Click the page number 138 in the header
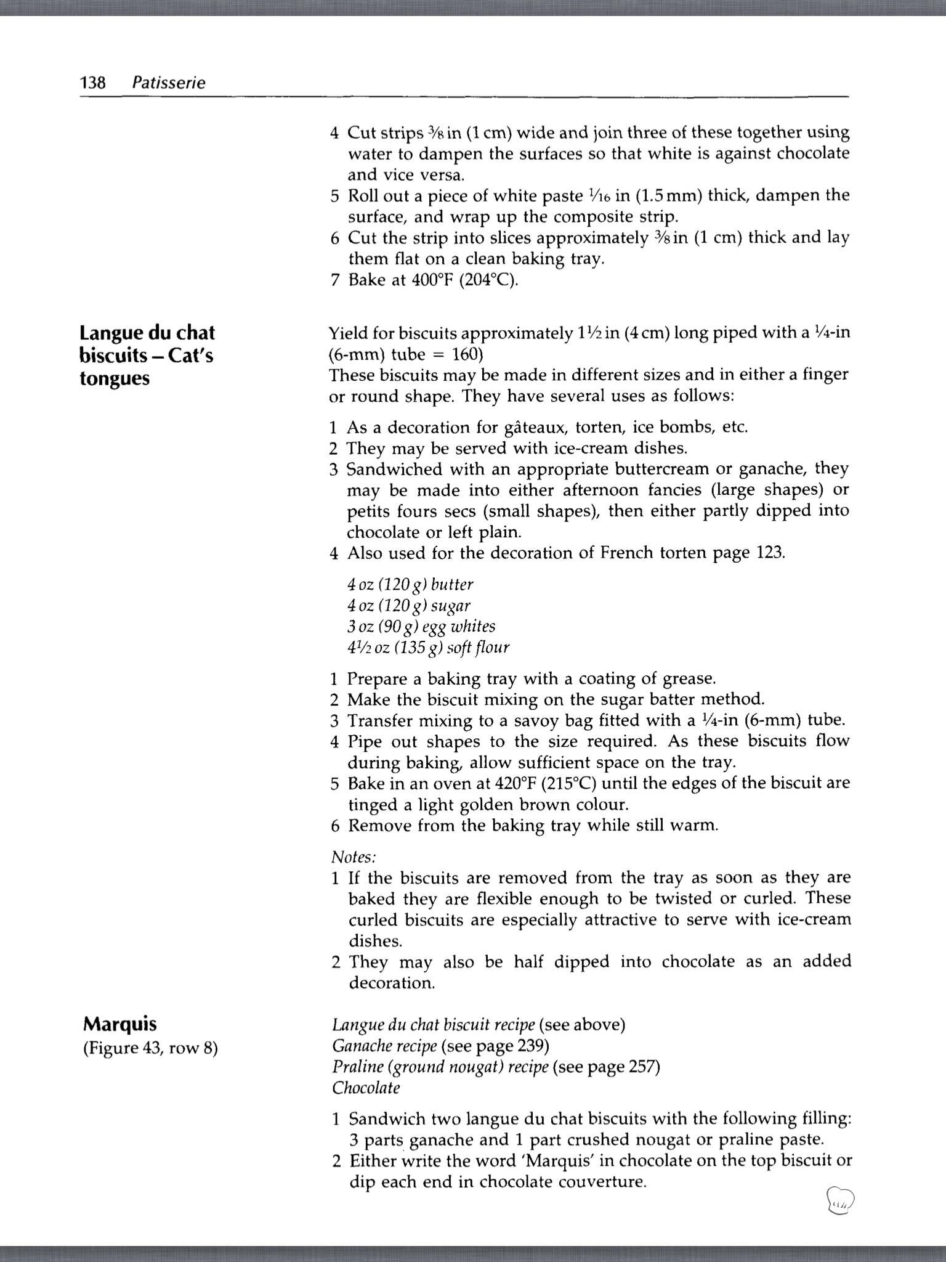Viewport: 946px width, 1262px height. point(93,83)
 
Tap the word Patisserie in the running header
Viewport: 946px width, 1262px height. point(169,83)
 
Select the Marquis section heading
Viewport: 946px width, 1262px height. point(119,1024)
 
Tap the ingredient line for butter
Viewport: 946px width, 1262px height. point(410,584)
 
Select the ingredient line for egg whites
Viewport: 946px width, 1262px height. point(421,626)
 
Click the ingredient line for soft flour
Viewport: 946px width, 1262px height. point(428,648)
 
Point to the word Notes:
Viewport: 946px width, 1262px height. point(354,857)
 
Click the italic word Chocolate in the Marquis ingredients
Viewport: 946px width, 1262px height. point(366,1088)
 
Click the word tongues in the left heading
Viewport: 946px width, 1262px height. point(115,378)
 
